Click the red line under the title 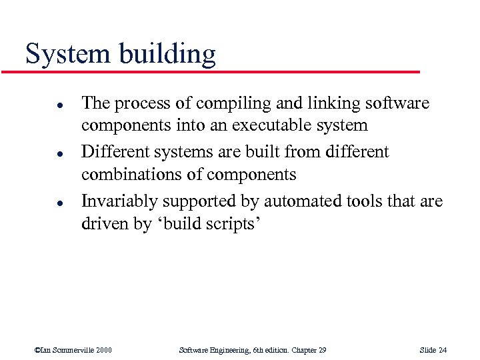pos(220,71)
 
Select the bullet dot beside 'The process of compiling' pos(41,105)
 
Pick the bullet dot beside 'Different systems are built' pos(41,153)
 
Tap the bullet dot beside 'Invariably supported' pos(41,201)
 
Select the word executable pos(281,126)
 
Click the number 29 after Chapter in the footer pos(321,350)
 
